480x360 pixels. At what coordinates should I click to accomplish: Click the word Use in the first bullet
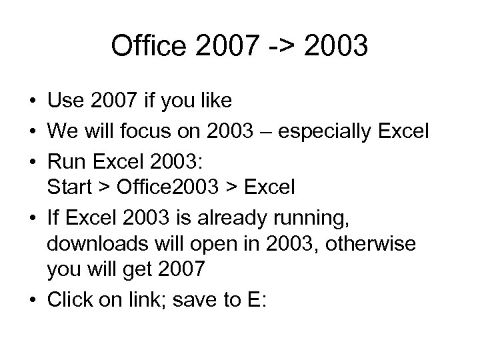point(63,101)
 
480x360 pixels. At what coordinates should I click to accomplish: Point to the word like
point(215,101)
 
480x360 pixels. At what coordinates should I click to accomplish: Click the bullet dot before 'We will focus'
point(32,130)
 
